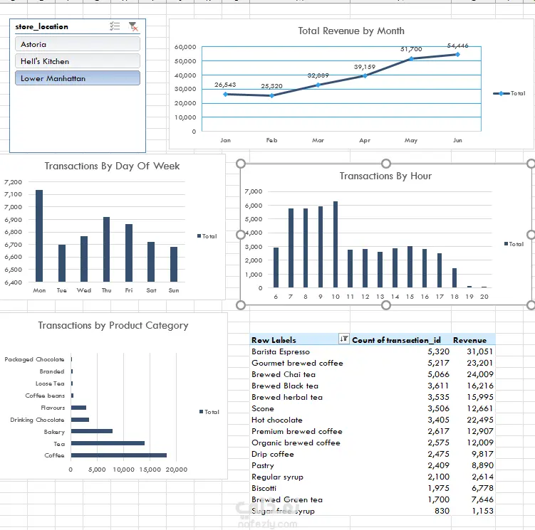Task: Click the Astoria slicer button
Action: click(x=77, y=44)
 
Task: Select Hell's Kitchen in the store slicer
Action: click(x=77, y=61)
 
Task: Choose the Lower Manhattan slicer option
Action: click(x=77, y=78)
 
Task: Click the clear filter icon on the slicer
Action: click(x=133, y=26)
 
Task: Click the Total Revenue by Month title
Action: click(x=350, y=31)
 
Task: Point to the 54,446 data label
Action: click(x=457, y=46)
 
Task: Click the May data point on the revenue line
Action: click(x=411, y=58)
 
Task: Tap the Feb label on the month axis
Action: click(x=271, y=140)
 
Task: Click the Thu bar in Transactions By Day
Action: click(x=106, y=250)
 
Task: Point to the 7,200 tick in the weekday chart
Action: click(x=13, y=182)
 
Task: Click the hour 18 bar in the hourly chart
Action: click(x=455, y=278)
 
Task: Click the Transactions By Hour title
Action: click(x=385, y=176)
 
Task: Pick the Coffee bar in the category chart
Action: click(x=118, y=455)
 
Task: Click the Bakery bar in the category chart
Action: click(x=91, y=431)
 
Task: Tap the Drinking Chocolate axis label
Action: click(x=37, y=420)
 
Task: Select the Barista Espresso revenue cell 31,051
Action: click(x=479, y=351)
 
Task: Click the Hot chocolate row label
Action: click(x=276, y=420)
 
